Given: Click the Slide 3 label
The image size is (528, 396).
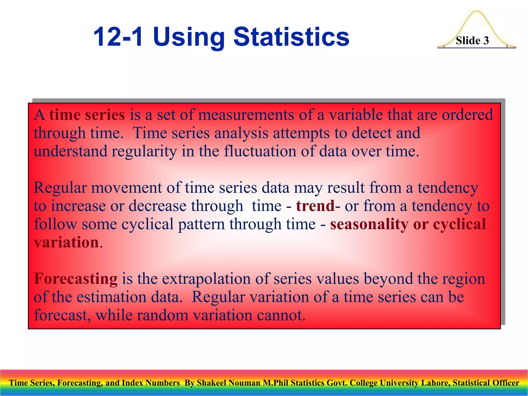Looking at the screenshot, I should coord(472,40).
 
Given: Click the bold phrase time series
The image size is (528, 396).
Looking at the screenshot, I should coord(87,115).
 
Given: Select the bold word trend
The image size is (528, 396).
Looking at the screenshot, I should coord(315,206).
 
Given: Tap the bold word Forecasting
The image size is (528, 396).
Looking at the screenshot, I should coord(76,279).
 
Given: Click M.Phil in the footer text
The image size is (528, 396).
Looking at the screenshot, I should coord(276,383).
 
